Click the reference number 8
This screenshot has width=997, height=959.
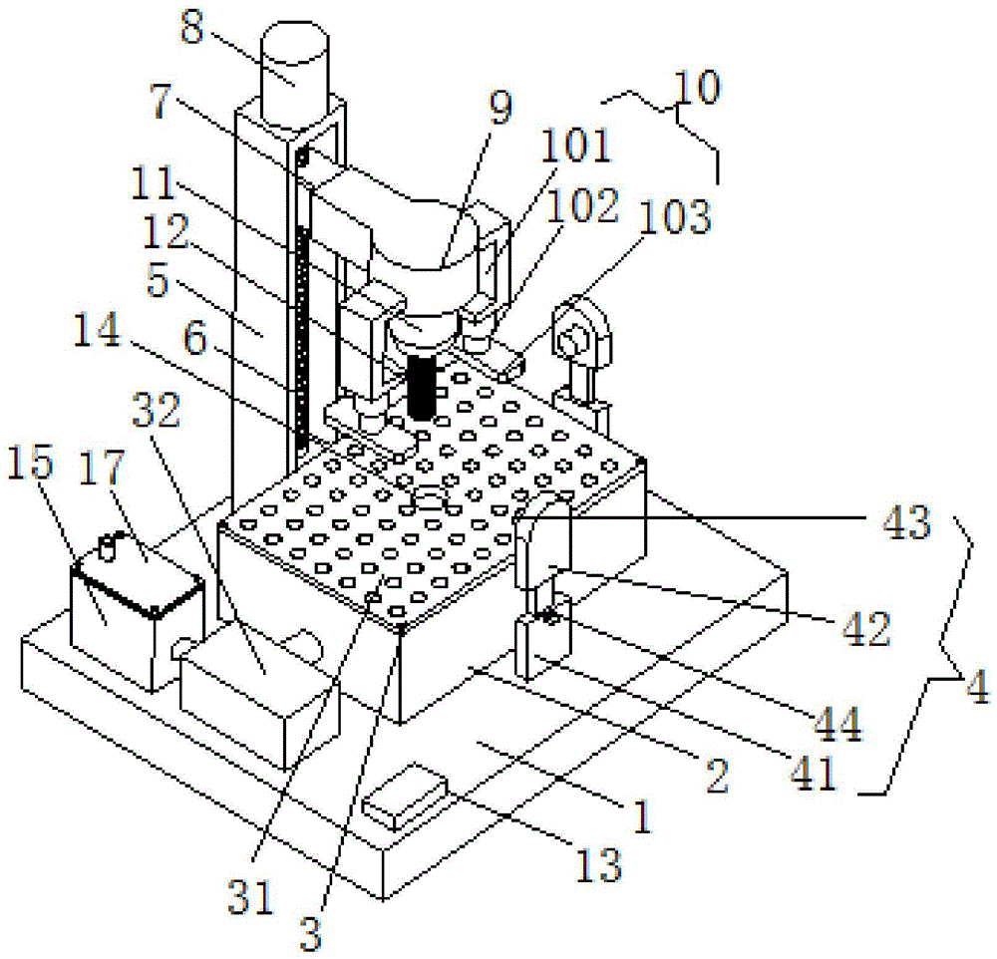point(192,27)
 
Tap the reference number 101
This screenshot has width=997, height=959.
point(576,145)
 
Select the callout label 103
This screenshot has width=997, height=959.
point(675,216)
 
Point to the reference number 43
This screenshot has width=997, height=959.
point(906,522)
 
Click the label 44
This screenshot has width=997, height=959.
point(838,724)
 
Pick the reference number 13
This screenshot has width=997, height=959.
point(598,864)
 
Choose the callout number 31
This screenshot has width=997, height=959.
point(250,896)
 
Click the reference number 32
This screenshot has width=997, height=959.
point(157,410)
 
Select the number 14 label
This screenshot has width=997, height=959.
point(96,329)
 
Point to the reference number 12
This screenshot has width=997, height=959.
point(166,231)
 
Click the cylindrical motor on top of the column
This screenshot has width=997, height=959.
point(294,75)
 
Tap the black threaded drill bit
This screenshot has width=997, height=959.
point(421,386)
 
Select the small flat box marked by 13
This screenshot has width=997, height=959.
point(403,797)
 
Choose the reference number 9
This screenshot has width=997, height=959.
point(500,107)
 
